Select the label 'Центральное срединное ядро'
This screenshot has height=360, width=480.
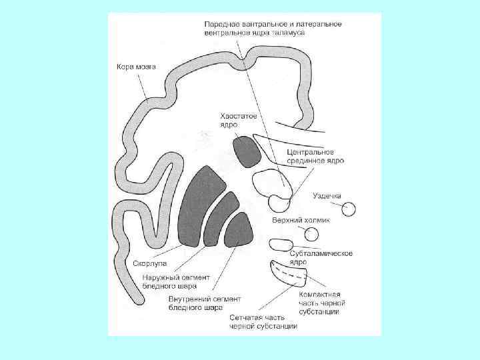315,156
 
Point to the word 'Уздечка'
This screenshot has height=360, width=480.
327,196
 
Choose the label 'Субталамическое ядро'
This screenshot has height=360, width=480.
321,257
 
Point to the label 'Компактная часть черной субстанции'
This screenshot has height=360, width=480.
320,303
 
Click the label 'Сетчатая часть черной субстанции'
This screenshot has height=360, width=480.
263,321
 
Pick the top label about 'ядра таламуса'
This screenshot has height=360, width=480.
273,28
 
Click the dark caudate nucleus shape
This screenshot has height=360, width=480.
247,151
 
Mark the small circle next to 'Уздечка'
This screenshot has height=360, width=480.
349,209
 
